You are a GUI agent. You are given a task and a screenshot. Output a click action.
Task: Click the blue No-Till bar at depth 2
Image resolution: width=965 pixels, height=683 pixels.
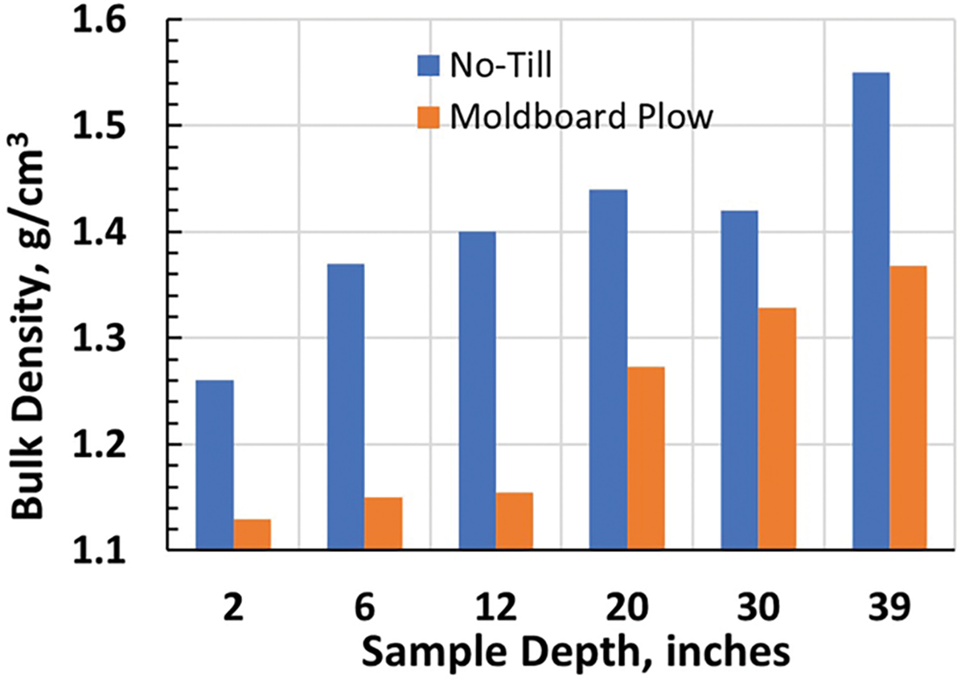[x=215, y=464]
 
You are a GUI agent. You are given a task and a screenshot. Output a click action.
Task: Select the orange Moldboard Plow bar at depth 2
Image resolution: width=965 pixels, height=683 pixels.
[x=253, y=534]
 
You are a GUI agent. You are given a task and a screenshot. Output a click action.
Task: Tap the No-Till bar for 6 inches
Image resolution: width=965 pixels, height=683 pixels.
[x=346, y=407]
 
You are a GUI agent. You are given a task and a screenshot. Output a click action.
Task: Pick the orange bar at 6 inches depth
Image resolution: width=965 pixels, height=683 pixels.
[x=384, y=523]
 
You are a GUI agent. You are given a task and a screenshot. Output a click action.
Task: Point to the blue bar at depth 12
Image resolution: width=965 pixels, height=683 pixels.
[x=477, y=391]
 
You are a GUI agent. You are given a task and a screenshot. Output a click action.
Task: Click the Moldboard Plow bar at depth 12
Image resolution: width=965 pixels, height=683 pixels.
[x=515, y=521]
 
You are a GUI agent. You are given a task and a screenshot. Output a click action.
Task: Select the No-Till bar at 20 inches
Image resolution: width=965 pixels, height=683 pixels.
[x=609, y=370]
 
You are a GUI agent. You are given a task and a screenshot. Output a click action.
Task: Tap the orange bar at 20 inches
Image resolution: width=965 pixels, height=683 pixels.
[x=647, y=458]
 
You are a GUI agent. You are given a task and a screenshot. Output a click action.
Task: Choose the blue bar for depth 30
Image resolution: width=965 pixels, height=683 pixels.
[x=740, y=380]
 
